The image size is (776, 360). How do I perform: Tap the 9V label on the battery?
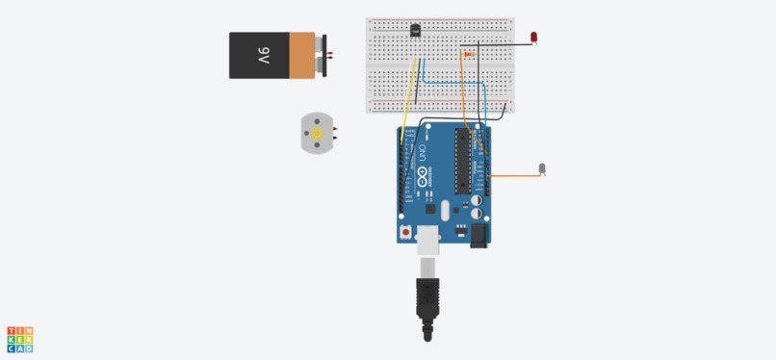(x=262, y=55)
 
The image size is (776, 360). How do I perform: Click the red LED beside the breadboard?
(x=534, y=38)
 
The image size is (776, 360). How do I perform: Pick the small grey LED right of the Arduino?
(x=542, y=168)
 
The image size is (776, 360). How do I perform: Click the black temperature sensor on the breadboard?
(x=415, y=30)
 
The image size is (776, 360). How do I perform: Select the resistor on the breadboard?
(x=470, y=55)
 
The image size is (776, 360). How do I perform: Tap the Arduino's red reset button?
(x=405, y=232)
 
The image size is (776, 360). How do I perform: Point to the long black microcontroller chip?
(x=462, y=162)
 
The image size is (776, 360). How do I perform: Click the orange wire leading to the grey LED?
(x=515, y=176)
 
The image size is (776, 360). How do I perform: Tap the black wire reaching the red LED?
(x=501, y=43)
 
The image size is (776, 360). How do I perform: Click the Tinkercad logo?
(x=20, y=339)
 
